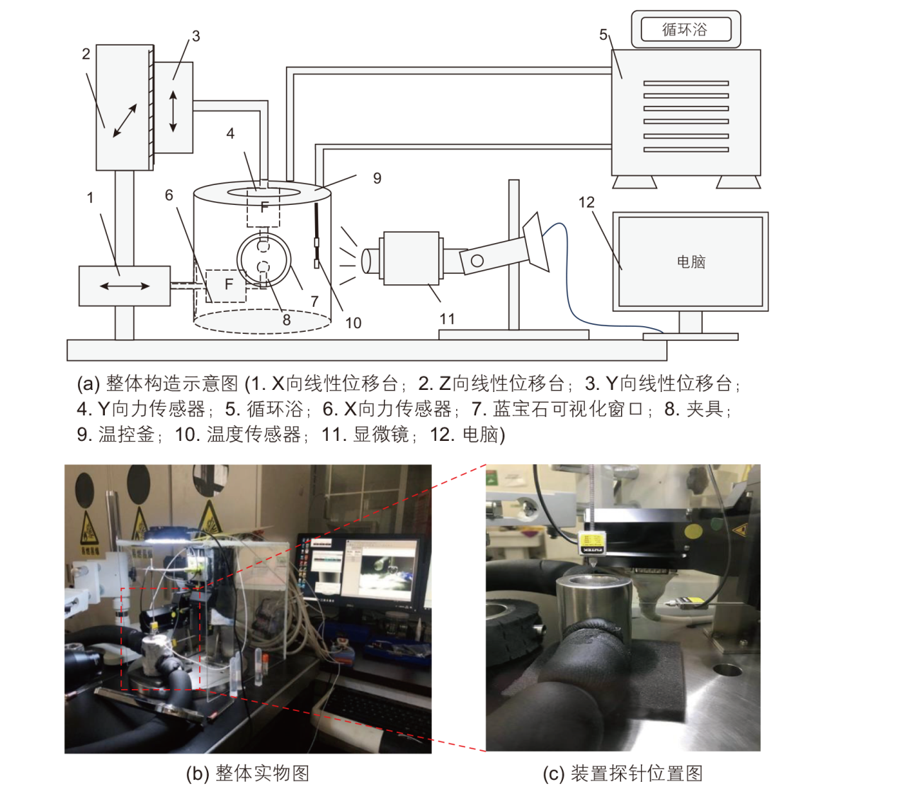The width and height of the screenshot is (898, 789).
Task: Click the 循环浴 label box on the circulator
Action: coord(686,29)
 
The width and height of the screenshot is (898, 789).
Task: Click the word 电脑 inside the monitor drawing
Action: coord(690,262)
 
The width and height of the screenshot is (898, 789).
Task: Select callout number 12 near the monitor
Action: coord(586,202)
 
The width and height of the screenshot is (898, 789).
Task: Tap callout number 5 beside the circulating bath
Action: coord(603,35)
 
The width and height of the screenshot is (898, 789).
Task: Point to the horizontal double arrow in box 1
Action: coord(125,286)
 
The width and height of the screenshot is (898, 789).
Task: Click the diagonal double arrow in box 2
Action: coord(125,121)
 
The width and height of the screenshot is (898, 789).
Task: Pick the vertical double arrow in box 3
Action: coord(174,111)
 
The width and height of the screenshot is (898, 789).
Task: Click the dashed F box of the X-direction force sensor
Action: coord(226,286)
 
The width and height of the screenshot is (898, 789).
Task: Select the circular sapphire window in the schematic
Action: coord(263,259)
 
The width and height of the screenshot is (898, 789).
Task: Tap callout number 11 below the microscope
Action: coord(447,318)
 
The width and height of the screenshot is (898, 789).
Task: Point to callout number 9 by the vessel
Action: coord(377,178)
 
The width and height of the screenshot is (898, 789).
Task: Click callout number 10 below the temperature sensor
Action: coord(353,323)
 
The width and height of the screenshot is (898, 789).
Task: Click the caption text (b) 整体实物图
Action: coord(247,773)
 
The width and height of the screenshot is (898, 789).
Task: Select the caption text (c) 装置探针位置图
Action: coord(623,773)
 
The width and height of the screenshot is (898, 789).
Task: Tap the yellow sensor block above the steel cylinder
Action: coord(593,543)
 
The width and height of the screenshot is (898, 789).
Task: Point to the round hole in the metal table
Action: coord(727,670)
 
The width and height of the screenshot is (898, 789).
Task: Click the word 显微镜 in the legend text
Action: coord(381,435)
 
